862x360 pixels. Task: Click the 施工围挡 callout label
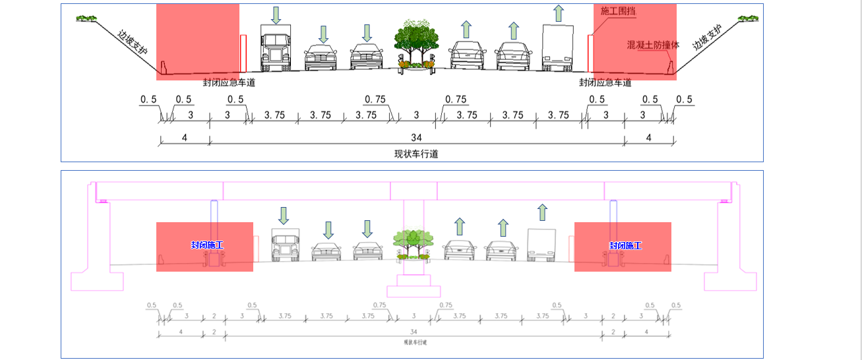619,11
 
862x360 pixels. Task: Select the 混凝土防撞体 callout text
653,45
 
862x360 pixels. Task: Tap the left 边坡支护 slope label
133,42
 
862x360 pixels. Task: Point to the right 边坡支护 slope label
706,38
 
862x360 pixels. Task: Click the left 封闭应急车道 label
228,83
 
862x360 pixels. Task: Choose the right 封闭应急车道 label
605,83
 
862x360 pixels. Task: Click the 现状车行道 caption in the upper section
416,154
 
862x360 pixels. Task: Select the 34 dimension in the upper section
416,138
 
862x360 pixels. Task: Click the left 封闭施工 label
207,245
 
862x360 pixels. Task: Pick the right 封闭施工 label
625,245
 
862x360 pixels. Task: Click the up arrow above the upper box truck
559,13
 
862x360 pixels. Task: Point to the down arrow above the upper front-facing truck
276,15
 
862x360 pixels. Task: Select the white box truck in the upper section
558,47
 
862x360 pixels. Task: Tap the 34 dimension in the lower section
414,332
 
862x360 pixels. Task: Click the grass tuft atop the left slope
85,18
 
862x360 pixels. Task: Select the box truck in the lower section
541,245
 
